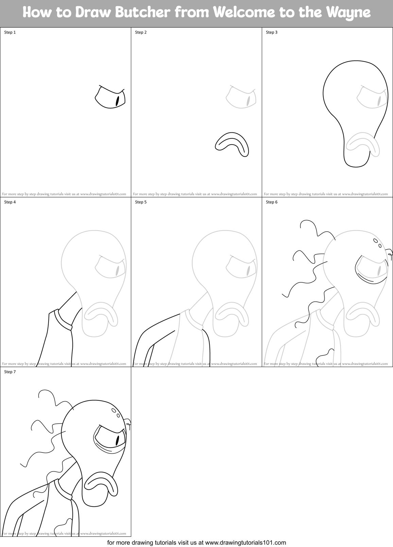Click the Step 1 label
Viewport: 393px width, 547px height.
pyautogui.click(x=10, y=32)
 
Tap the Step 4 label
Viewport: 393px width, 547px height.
pyautogui.click(x=10, y=202)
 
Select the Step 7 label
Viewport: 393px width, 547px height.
pyautogui.click(x=10, y=372)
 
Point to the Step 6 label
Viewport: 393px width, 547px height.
pyautogui.click(x=272, y=202)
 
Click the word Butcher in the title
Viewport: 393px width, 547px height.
pyautogui.click(x=144, y=13)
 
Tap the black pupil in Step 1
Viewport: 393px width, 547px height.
pyautogui.click(x=118, y=101)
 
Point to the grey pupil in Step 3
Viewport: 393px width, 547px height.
pyautogui.click(x=379, y=101)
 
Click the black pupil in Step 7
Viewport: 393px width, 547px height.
pyautogui.click(x=118, y=440)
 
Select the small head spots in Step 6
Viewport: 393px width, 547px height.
pyautogui.click(x=377, y=243)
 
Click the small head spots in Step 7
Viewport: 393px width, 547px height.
pyautogui.click(x=116, y=413)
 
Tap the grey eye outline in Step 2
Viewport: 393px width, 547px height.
pyautogui.click(x=240, y=98)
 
